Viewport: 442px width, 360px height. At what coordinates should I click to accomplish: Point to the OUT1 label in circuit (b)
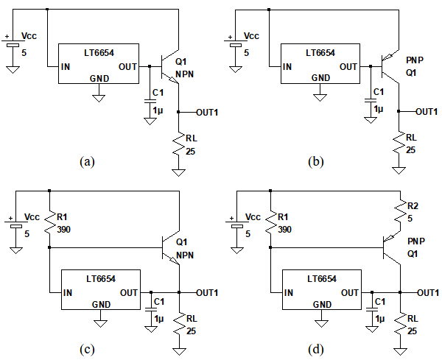point(427,112)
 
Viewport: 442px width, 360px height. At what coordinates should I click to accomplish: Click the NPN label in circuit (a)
point(184,74)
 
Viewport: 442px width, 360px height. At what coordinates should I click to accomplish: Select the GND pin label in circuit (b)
point(321,78)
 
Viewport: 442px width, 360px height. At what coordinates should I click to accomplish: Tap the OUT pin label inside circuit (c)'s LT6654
point(128,292)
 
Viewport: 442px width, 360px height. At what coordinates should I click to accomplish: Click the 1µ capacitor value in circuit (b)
point(379,108)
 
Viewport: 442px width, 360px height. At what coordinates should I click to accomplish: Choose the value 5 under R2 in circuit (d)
point(410,217)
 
